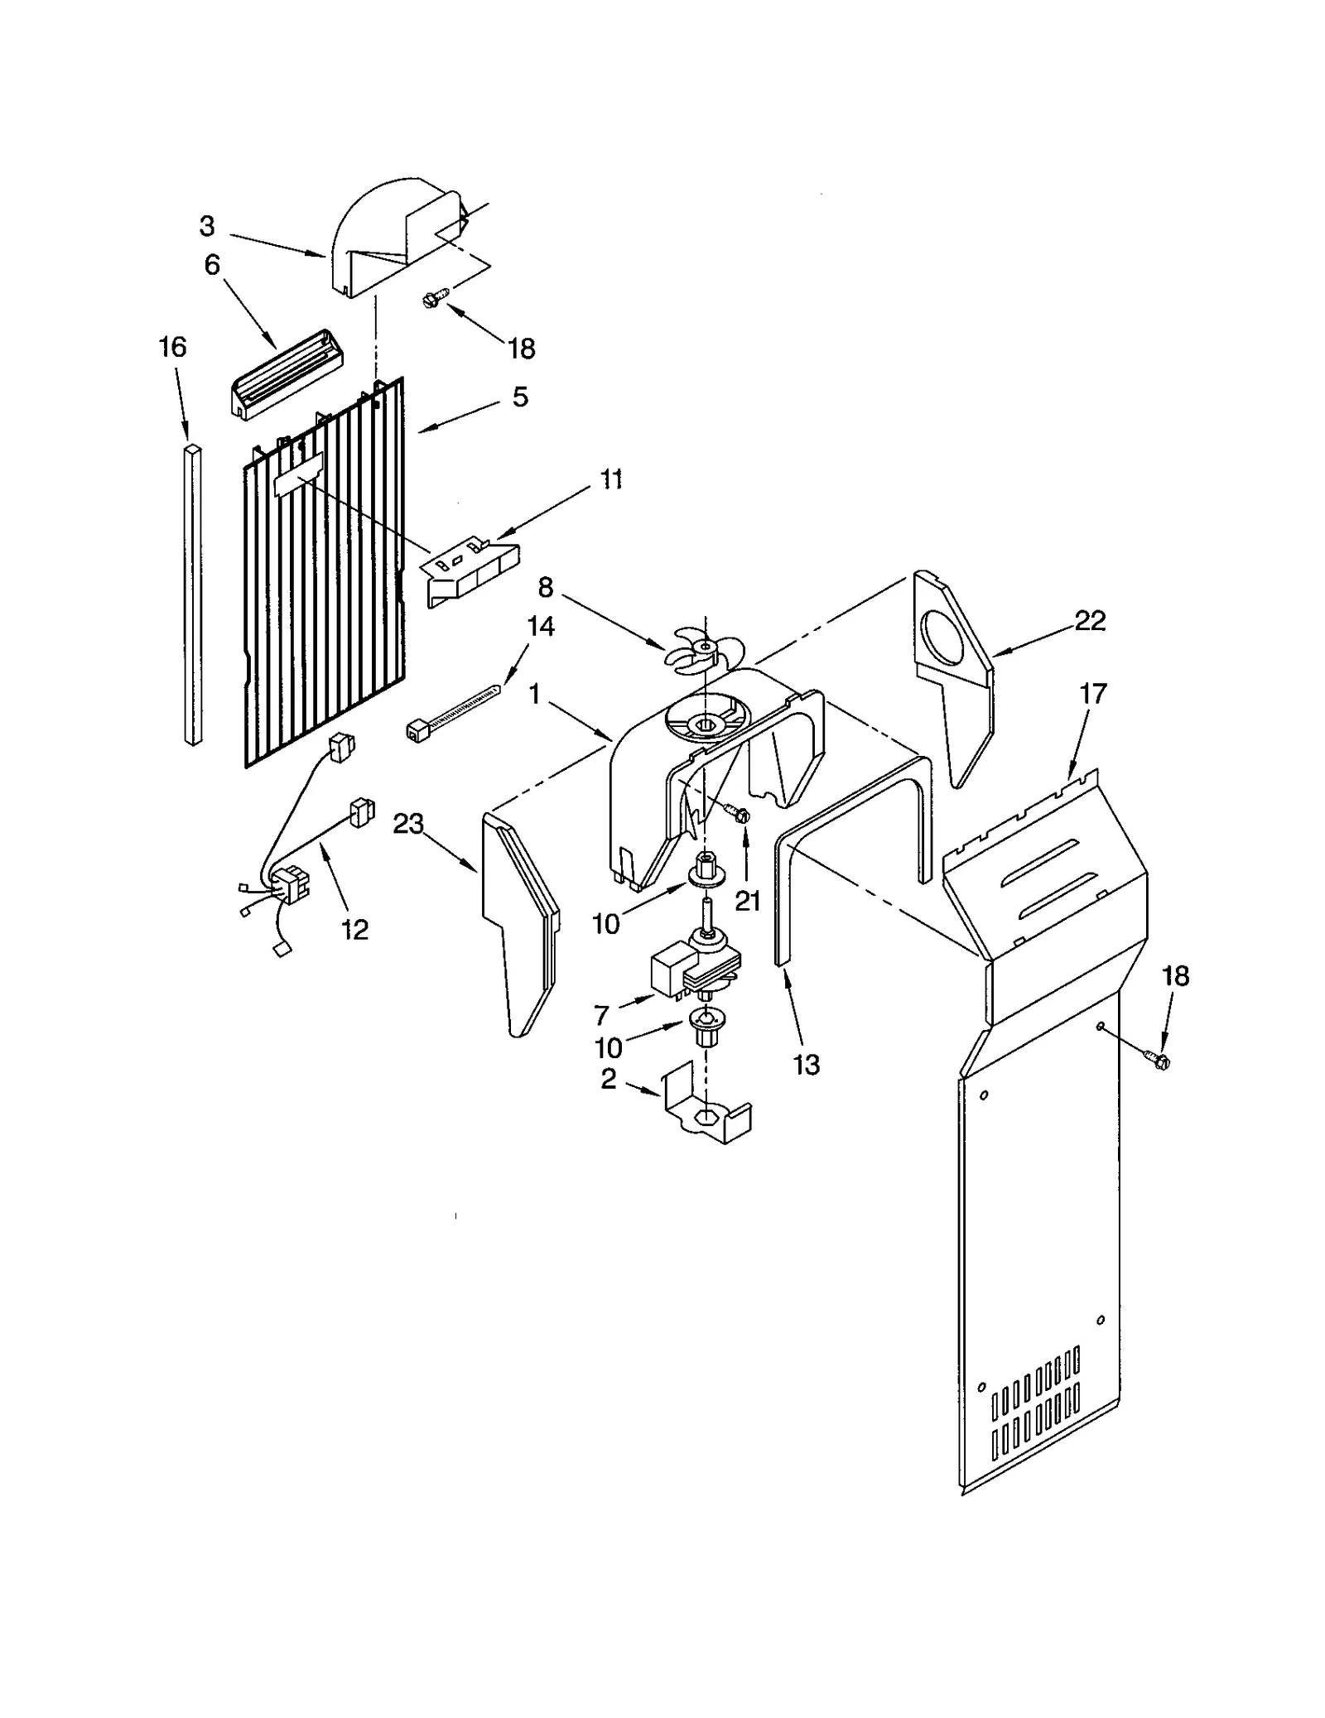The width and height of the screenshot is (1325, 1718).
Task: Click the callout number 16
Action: [172, 347]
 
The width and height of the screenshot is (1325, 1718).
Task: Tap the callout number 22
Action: [1089, 621]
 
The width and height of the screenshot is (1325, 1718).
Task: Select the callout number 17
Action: [1093, 694]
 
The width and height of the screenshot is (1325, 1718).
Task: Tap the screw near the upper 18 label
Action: [434, 297]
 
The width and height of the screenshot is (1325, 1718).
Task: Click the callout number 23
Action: [408, 824]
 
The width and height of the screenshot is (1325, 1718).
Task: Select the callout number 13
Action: [806, 1065]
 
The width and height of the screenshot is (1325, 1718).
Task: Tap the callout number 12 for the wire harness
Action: [354, 930]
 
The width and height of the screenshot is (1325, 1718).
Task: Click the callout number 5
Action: [519, 397]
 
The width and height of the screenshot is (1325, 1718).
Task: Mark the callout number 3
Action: [207, 226]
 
